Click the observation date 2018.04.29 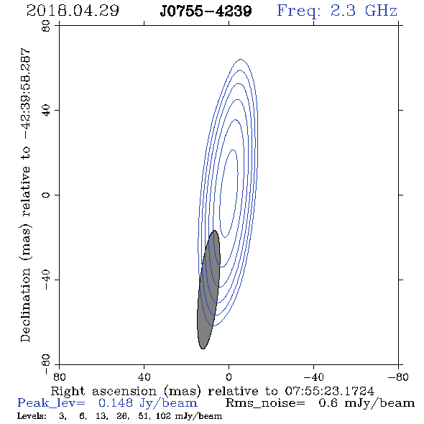(x=73, y=11)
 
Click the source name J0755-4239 (x=206, y=11)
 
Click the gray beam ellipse (x=208, y=290)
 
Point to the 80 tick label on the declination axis (x=46, y=26)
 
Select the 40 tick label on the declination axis (x=46, y=111)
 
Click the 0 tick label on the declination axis (x=46, y=195)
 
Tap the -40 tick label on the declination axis (x=46, y=280)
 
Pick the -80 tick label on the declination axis (x=46, y=364)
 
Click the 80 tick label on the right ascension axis (x=59, y=377)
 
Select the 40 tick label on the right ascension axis (x=144, y=377)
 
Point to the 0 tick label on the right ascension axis (x=229, y=377)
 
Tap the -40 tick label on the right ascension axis (x=313, y=377)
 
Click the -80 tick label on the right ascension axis (x=398, y=377)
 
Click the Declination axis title (x=25, y=195)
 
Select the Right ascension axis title (x=213, y=391)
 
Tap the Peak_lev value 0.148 (x=116, y=403)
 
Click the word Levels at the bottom (x=32, y=415)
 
